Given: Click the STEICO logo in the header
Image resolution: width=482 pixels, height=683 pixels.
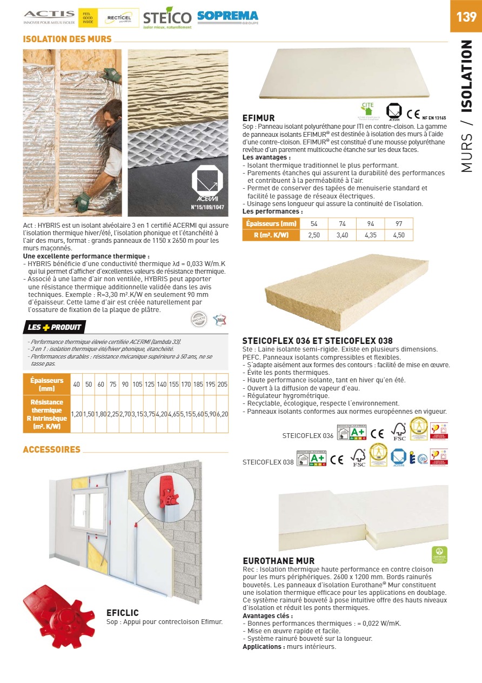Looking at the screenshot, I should pyautogui.click(x=167, y=18).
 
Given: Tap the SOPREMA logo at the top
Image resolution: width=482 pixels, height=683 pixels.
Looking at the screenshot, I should pyautogui.click(x=227, y=16).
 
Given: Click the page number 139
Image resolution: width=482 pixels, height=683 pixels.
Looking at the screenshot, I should pyautogui.click(x=466, y=17).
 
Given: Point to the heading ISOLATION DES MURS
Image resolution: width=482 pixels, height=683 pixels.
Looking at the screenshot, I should pyautogui.click(x=67, y=39).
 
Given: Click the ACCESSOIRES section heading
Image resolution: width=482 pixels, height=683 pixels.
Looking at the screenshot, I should pyautogui.click(x=51, y=449).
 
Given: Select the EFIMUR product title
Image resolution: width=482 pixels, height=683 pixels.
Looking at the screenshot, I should pyautogui.click(x=259, y=118).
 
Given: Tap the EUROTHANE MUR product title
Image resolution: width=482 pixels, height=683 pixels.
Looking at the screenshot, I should pyautogui.click(x=278, y=561).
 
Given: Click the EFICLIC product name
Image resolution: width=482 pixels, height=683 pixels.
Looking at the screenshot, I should pyautogui.click(x=123, y=613).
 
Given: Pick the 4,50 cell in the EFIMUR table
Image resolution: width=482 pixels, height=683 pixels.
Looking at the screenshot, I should pyautogui.click(x=399, y=235).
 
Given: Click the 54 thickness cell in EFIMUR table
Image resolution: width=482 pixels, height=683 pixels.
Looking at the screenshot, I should pyautogui.click(x=313, y=223).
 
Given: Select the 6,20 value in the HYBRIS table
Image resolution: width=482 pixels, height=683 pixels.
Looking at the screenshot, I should pyautogui.click(x=222, y=414).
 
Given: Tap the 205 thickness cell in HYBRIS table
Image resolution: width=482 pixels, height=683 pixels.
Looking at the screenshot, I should pyautogui.click(x=222, y=384).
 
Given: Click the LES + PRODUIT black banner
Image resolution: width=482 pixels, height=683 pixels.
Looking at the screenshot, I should pyautogui.click(x=55, y=327).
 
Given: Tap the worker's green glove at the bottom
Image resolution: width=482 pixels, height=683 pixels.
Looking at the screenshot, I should pyautogui.click(x=83, y=201).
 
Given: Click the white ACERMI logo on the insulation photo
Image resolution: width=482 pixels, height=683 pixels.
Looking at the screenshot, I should pyautogui.click(x=207, y=185).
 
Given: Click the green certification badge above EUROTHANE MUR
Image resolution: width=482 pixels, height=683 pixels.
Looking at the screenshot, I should pyautogui.click(x=439, y=554).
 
